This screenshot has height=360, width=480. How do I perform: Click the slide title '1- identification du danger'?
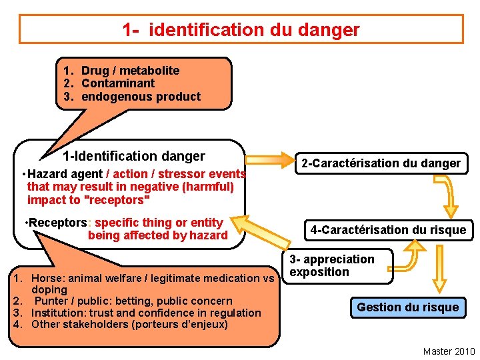(241, 29)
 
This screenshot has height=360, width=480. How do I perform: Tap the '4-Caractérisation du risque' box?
(388, 230)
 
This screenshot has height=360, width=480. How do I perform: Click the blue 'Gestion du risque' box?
(407, 307)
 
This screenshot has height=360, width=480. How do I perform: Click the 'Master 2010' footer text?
(449, 351)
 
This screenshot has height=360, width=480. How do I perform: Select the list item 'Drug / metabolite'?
(130, 71)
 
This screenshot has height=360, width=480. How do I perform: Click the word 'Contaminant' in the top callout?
(117, 83)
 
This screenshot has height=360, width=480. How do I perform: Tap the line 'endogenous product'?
(141, 97)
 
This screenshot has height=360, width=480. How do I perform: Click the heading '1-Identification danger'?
(133, 157)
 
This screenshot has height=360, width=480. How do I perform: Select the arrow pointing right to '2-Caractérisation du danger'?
(270, 161)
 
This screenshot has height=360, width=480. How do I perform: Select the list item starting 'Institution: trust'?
(146, 313)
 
